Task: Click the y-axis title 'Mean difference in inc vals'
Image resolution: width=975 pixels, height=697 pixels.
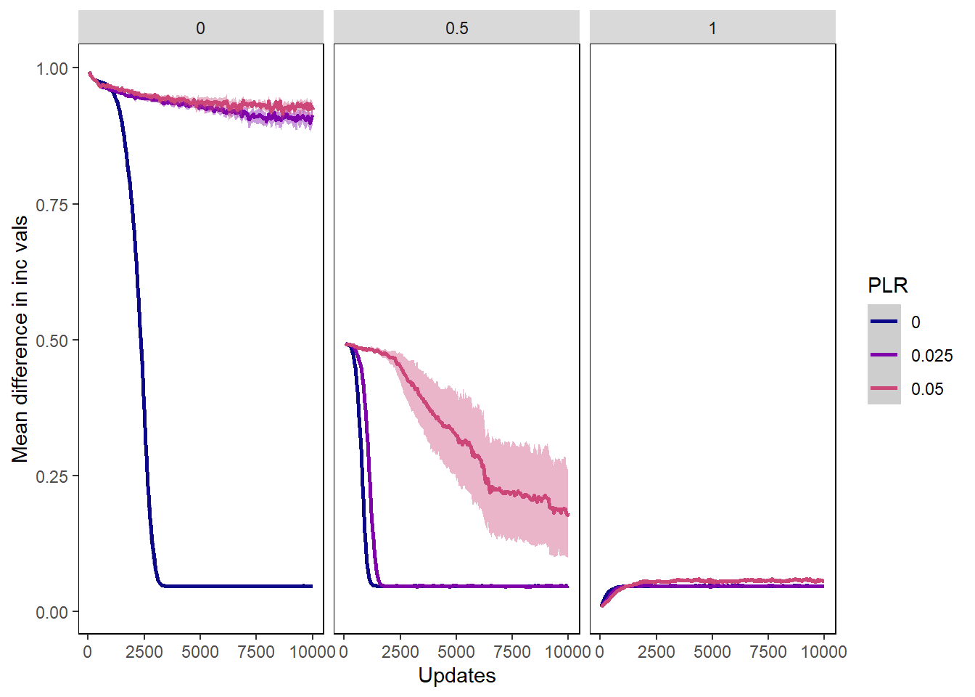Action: coord(20,339)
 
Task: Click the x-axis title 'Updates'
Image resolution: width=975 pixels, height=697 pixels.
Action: coord(456,675)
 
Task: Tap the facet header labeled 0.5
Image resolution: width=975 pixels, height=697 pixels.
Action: coord(456,28)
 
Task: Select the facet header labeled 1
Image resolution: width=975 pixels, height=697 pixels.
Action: coord(712,28)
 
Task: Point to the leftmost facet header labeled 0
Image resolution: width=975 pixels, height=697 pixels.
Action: coord(200,28)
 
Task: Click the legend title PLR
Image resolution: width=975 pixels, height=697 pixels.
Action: coord(887,285)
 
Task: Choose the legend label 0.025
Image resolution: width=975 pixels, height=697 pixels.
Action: coord(931,356)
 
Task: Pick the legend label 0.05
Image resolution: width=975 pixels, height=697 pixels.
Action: coord(927,389)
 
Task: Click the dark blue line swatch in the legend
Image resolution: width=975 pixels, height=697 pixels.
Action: coord(884,322)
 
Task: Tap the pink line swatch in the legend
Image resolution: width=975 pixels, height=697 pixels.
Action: coord(884,388)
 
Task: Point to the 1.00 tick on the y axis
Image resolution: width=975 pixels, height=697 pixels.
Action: coord(52,68)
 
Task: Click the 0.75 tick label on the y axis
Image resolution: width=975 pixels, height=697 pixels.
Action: coord(52,205)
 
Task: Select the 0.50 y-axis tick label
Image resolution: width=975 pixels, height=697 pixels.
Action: coord(52,341)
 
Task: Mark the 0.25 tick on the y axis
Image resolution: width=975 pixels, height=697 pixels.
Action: coord(52,476)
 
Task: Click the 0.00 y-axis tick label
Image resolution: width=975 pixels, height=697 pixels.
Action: coord(52,612)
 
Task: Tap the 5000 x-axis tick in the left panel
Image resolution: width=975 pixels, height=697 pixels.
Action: coord(200,652)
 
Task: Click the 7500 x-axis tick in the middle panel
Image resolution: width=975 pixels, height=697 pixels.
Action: coord(512,652)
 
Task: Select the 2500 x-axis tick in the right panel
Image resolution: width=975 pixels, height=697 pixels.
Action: coord(656,652)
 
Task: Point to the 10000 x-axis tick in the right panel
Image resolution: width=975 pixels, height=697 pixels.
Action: coord(823,652)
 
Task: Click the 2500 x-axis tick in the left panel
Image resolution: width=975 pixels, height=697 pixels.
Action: coord(144,652)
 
